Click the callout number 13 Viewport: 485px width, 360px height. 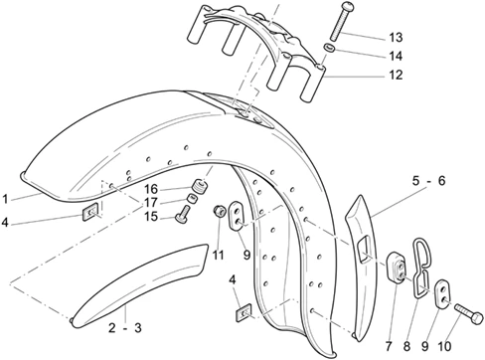[396, 38]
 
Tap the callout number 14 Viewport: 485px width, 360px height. [396, 56]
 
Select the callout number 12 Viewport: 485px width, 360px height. [396, 75]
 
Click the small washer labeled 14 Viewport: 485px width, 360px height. [330, 48]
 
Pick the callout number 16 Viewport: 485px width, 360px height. [151, 189]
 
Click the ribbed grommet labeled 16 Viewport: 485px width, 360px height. [200, 186]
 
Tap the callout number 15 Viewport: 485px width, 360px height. [151, 217]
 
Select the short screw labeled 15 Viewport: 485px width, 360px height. [183, 215]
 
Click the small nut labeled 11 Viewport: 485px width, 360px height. [220, 211]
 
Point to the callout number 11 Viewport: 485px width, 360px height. [218, 256]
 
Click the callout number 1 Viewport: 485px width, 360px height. [5, 199]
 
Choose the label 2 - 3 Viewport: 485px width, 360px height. [125, 328]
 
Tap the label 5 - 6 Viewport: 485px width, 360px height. [429, 181]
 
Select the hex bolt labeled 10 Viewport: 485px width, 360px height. [469, 314]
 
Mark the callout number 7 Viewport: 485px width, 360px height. [389, 346]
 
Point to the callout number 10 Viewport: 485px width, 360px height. [444, 346]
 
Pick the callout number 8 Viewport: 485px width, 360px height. [406, 346]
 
